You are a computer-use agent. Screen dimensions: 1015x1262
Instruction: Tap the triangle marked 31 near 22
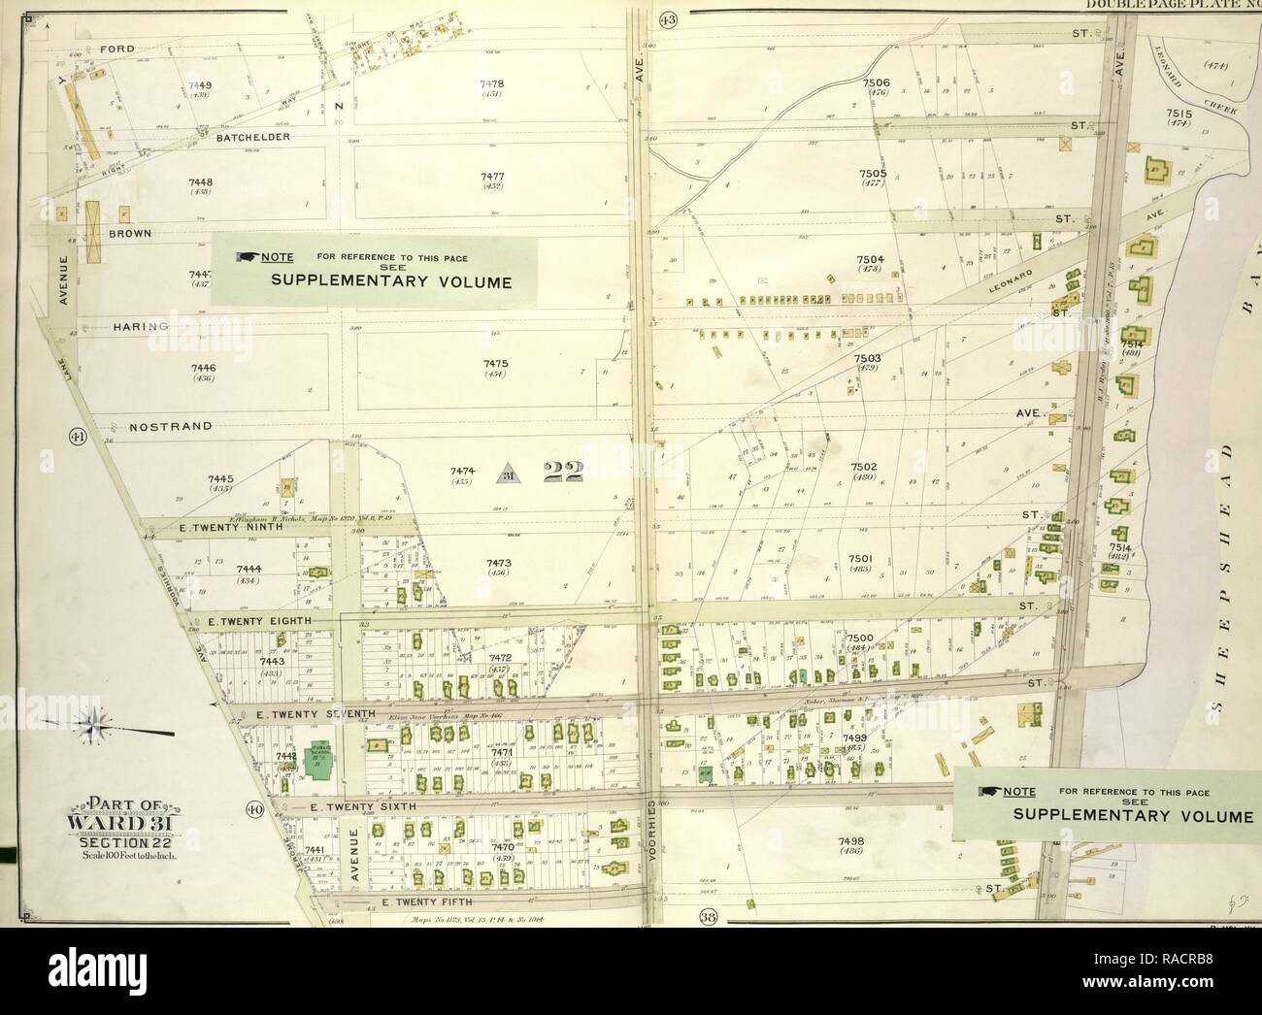click(508, 475)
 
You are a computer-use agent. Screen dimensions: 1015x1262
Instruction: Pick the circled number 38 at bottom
click(706, 914)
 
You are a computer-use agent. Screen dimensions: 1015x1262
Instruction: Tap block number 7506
click(877, 83)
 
